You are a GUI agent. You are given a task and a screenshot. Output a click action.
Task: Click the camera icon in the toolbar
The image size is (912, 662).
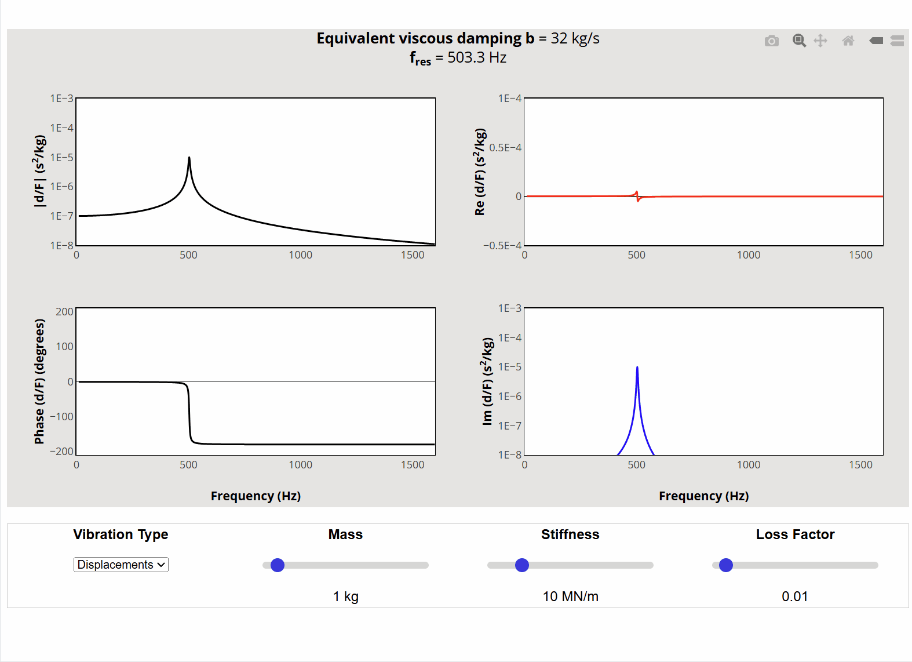coord(771,41)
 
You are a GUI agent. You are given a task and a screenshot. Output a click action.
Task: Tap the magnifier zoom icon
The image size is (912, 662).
coord(799,41)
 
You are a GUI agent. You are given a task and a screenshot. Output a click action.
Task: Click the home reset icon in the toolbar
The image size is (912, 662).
coord(848,41)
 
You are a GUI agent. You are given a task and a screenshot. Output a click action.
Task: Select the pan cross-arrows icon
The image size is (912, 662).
coord(820,41)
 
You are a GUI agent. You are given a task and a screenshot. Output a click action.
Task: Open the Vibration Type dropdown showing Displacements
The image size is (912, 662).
coord(121,565)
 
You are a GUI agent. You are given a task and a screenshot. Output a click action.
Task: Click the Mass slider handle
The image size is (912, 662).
coord(278,565)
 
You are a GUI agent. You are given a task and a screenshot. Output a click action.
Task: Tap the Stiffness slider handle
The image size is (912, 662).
coord(522,565)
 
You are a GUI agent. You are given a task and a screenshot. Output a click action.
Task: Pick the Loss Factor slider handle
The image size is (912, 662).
coord(726,565)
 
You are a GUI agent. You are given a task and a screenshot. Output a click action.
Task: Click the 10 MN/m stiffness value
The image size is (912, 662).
coord(570,596)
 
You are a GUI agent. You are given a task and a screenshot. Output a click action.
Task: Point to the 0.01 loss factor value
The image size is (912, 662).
coord(794,596)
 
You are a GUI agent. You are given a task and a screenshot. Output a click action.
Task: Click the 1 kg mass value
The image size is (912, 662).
coord(345,596)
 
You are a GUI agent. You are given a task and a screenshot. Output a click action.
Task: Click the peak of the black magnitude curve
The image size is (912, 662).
coord(189,158)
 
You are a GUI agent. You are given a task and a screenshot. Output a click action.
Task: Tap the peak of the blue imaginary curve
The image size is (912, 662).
coord(637,368)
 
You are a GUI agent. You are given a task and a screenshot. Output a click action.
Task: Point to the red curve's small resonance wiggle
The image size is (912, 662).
coord(637,197)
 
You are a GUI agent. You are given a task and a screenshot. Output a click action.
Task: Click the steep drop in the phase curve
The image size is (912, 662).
coord(189,413)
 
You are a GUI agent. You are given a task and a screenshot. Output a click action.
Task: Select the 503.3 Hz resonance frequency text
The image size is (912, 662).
coord(476,58)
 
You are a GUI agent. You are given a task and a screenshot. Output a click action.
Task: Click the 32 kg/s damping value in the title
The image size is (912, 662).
coord(575,38)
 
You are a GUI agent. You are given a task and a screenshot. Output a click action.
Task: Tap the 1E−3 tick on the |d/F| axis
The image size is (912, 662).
coord(62,99)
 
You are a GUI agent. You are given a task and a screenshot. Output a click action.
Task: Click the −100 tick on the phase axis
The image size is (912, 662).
coord(62,416)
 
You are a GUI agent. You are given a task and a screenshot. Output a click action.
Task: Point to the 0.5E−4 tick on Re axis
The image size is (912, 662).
coord(505,148)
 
